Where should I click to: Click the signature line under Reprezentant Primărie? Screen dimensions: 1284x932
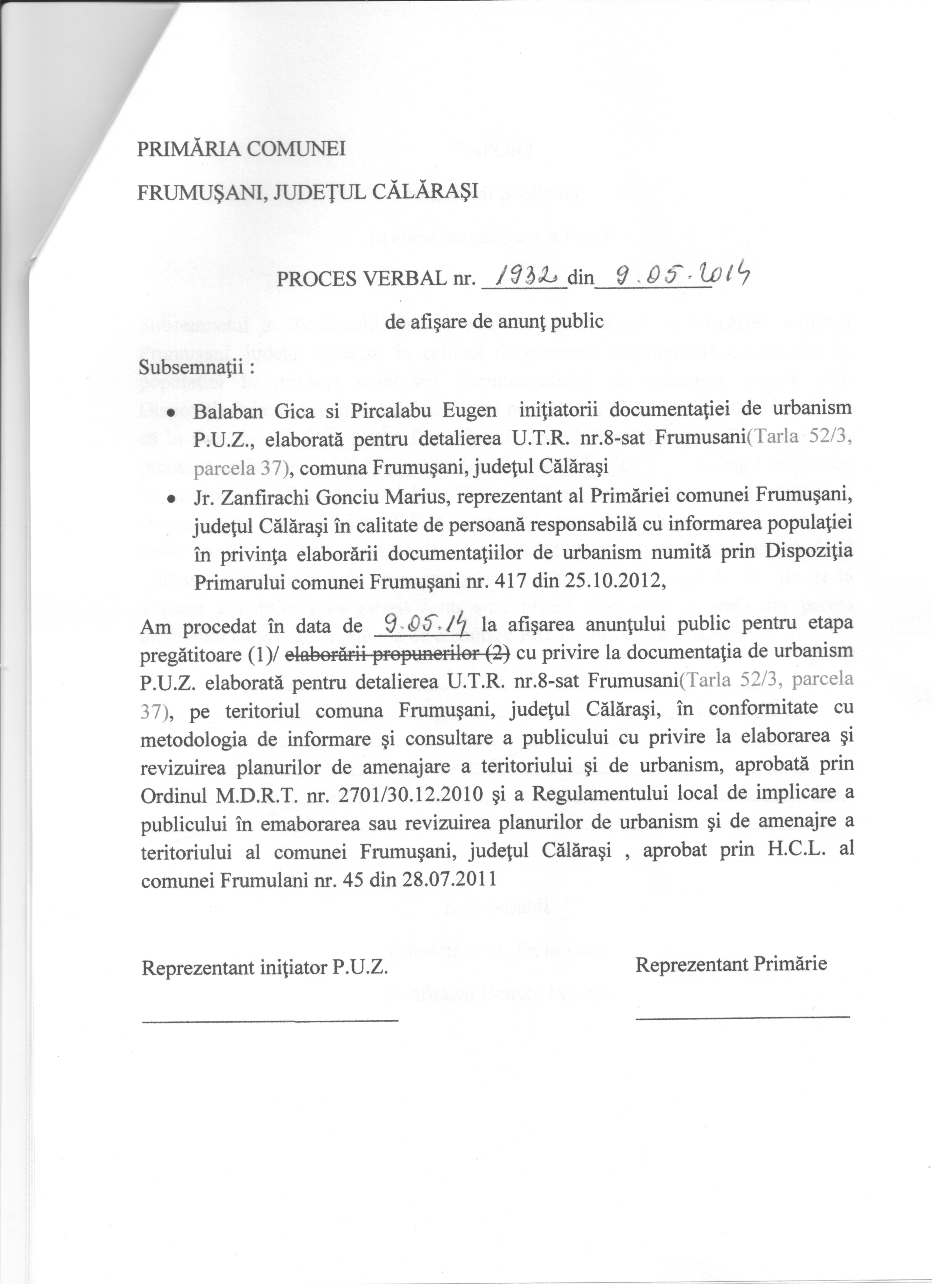point(742,1017)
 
